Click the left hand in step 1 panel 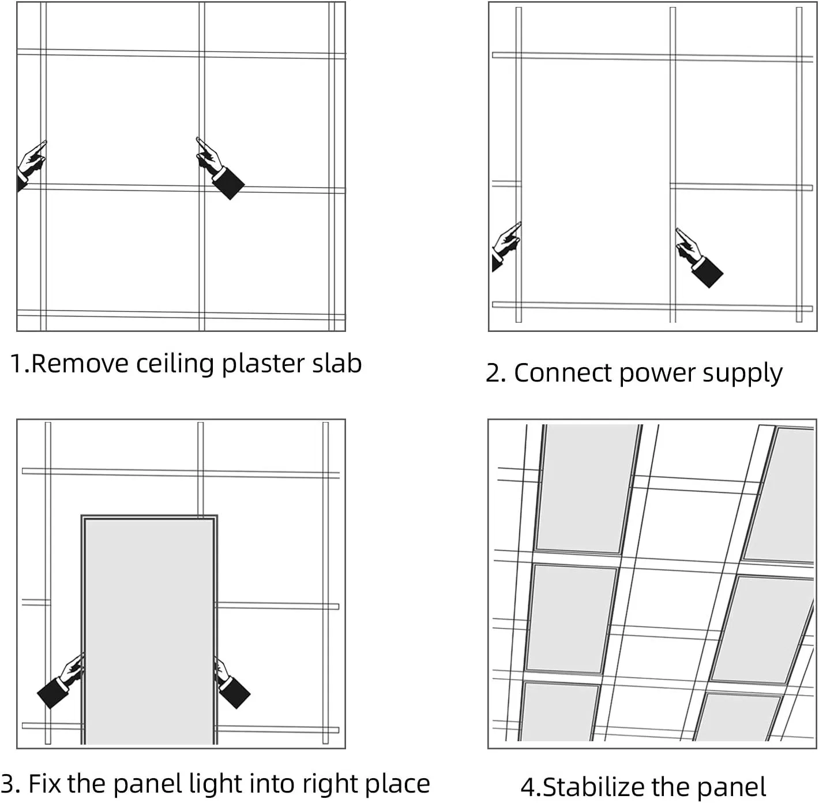(x=31, y=165)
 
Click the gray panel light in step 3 (x=149, y=629)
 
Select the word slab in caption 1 (x=337, y=364)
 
